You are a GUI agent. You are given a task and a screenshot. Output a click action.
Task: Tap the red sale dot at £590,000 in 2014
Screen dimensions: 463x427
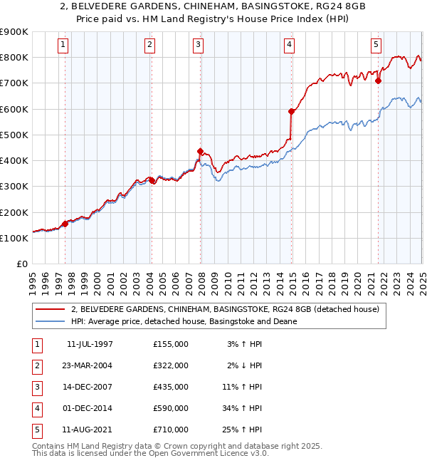point(291,111)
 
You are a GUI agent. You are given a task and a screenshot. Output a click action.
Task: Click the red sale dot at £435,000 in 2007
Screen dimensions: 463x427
point(201,151)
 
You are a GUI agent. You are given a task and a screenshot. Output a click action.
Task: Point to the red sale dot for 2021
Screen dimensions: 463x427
point(378,80)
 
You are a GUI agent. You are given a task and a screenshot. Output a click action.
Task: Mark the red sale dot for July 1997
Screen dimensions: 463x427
point(65,224)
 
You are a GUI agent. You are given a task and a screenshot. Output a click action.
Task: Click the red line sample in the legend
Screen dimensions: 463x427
point(51,309)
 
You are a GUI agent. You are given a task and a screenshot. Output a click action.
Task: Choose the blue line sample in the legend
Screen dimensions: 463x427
point(51,321)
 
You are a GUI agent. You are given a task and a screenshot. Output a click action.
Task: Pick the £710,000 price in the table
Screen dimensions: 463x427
point(171,430)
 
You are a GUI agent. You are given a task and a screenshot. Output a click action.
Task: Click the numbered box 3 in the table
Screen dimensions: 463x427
point(36,387)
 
